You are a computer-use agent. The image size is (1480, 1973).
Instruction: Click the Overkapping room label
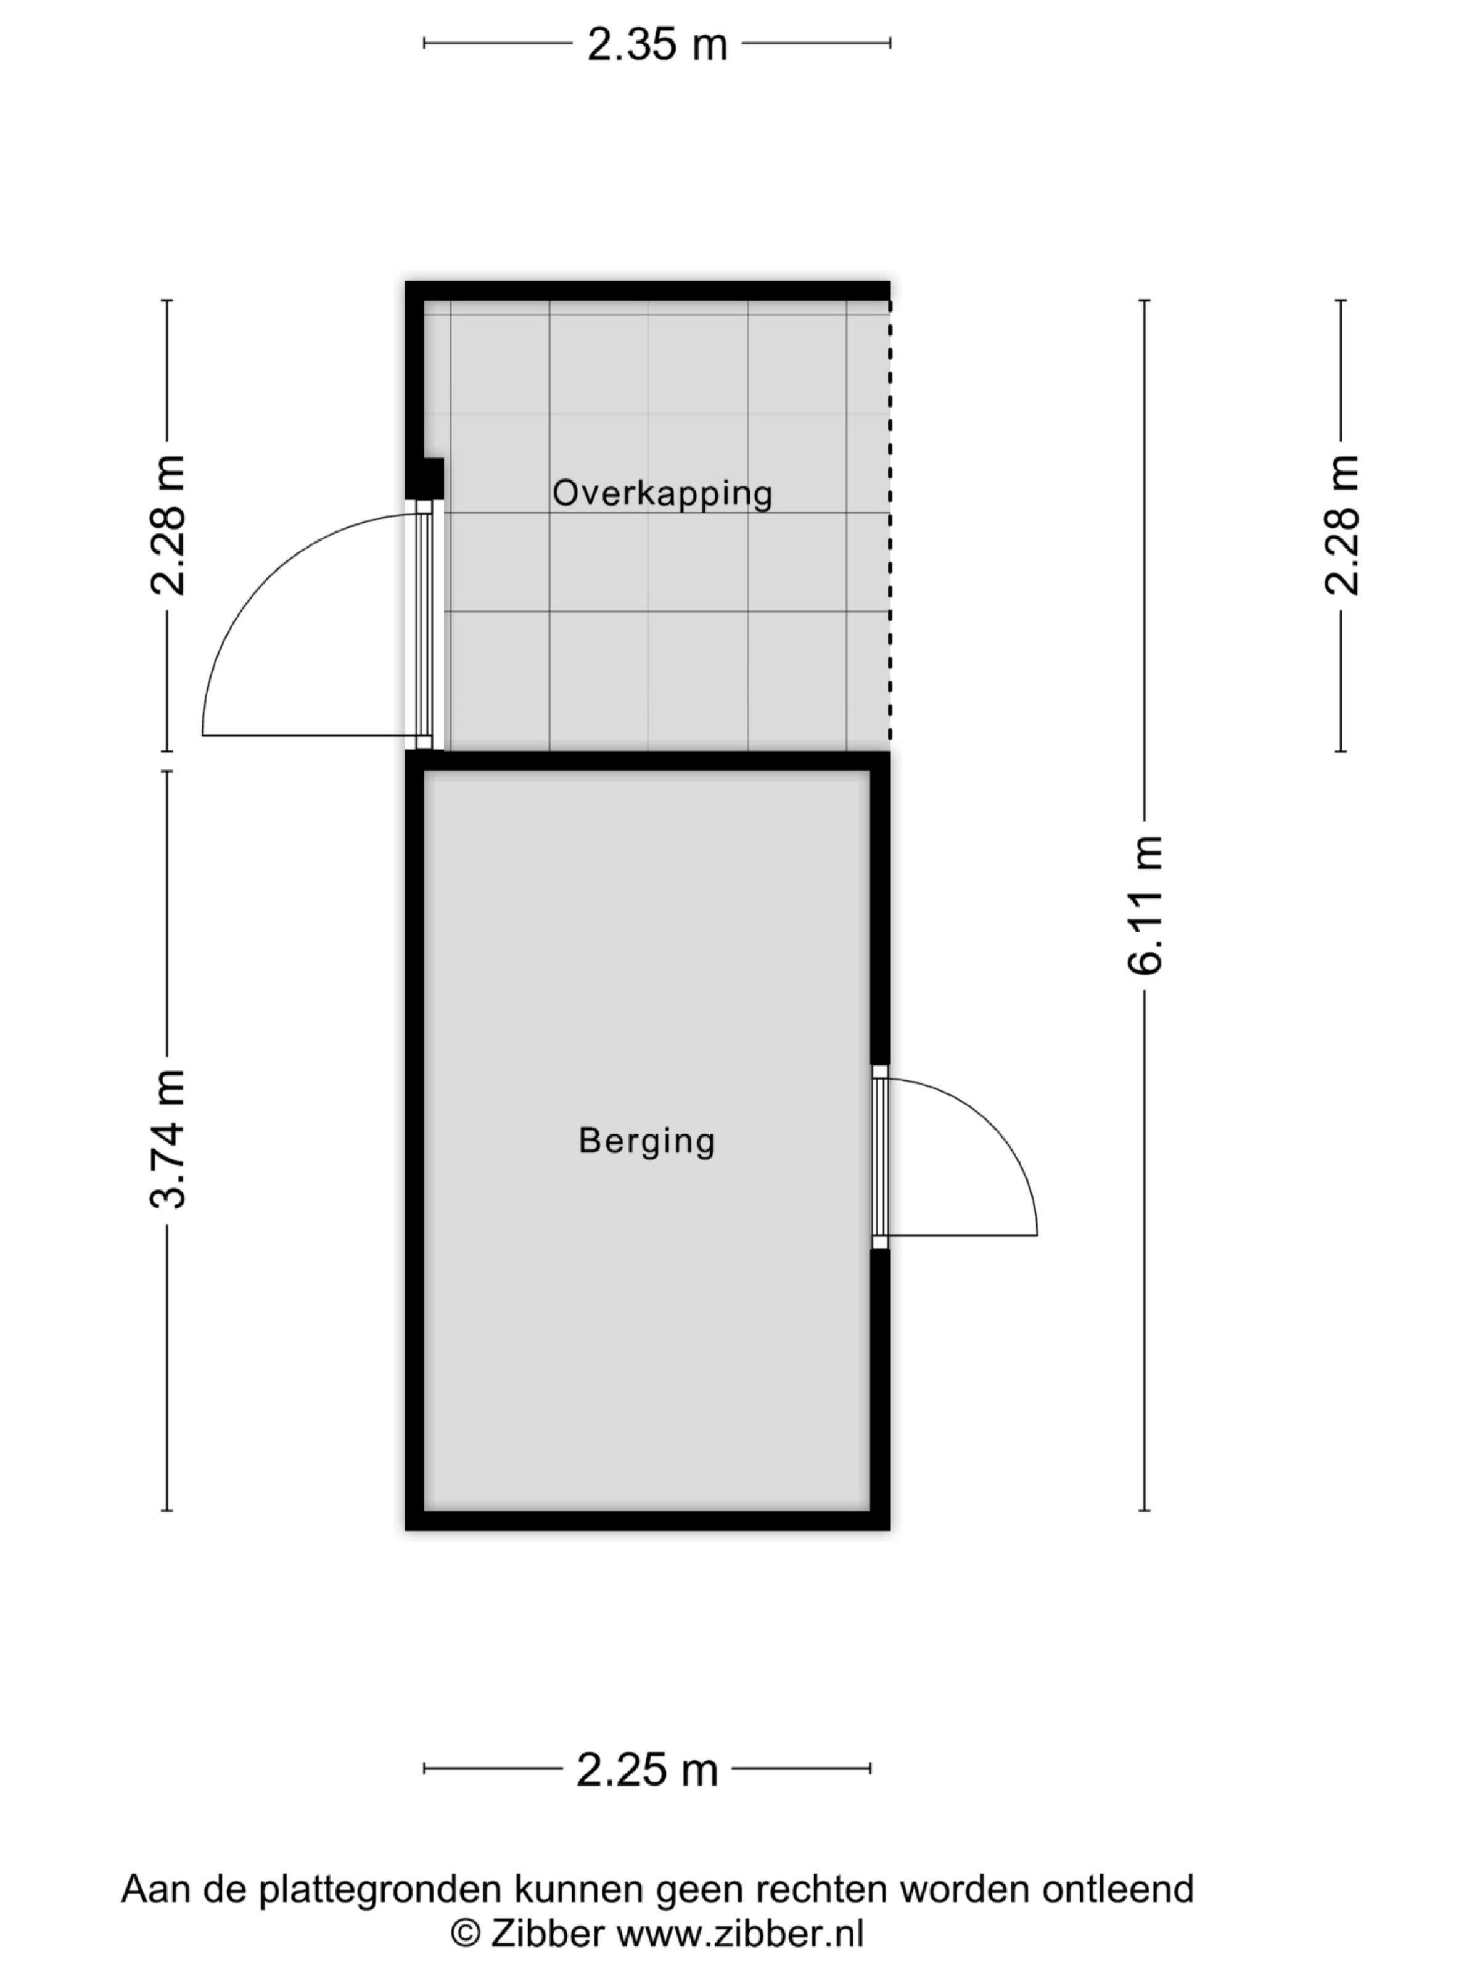[662, 493]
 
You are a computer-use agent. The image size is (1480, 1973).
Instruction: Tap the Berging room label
[647, 1141]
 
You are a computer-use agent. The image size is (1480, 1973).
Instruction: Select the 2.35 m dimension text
[657, 44]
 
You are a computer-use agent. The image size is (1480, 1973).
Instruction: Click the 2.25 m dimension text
[647, 1770]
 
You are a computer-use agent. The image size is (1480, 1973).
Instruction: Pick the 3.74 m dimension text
[168, 1139]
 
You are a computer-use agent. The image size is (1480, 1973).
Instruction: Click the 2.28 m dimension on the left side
[168, 525]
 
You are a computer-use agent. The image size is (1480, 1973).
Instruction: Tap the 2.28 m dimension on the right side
[1341, 525]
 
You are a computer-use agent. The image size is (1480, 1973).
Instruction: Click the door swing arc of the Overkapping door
[259, 580]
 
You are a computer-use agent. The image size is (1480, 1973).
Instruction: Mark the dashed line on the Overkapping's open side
[889, 535]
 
